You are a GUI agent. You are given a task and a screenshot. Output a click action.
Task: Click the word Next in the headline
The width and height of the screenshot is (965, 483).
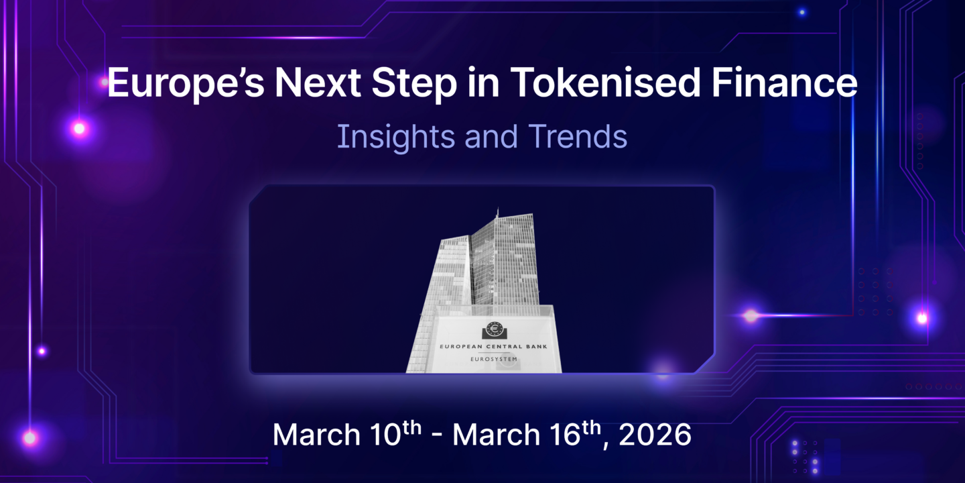pyautogui.click(x=309, y=84)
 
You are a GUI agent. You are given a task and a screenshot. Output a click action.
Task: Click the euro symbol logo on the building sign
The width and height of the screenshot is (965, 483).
pyautogui.click(x=495, y=330)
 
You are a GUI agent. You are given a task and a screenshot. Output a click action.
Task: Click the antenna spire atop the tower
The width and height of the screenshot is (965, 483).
pyautogui.click(x=497, y=213)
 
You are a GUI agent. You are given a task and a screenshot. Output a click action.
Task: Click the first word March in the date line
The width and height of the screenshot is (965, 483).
pyautogui.click(x=316, y=435)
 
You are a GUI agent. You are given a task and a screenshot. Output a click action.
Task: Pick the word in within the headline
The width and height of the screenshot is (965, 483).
pyautogui.click(x=464, y=84)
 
